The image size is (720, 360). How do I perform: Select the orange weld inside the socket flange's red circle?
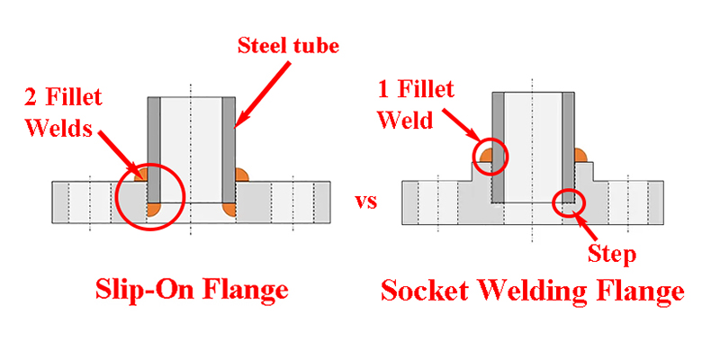(488, 159)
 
